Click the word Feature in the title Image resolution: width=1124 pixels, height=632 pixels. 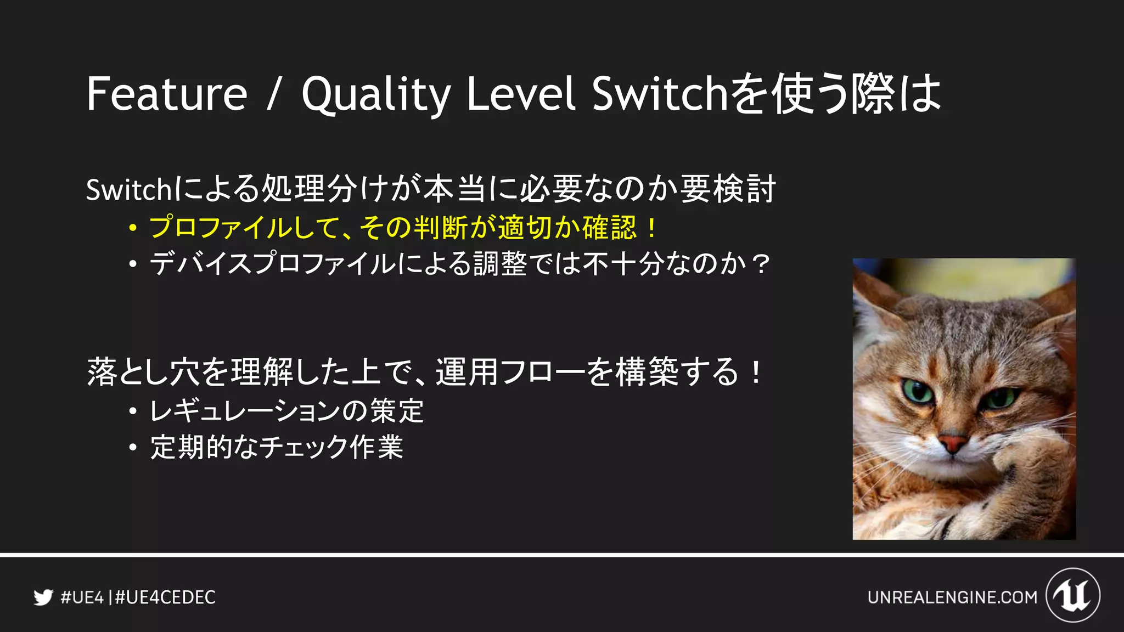click(x=167, y=94)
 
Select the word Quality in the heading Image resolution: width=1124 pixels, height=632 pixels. click(x=376, y=94)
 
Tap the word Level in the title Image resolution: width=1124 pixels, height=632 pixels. click(x=520, y=94)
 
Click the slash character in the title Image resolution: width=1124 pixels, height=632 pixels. click(x=274, y=94)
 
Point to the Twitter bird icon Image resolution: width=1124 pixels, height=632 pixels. click(x=43, y=597)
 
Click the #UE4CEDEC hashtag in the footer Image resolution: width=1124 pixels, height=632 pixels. click(x=165, y=597)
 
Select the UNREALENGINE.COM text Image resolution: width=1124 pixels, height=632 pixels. click(x=952, y=597)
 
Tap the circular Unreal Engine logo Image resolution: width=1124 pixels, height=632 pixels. click(x=1072, y=595)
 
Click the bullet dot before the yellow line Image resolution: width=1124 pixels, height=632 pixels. click(x=132, y=228)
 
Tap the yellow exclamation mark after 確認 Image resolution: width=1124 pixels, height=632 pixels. click(x=651, y=228)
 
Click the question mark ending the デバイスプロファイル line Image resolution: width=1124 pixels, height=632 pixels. click(x=761, y=264)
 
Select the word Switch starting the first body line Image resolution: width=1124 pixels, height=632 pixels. click(x=130, y=190)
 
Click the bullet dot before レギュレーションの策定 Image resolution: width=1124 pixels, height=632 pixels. click(x=132, y=411)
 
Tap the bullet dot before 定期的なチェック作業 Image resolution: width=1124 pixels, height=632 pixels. click(x=132, y=447)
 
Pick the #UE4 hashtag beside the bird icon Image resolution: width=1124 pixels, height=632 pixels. click(x=82, y=597)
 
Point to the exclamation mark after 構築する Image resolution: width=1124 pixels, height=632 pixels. click(x=756, y=372)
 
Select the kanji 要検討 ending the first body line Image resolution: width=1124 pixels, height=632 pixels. click(x=728, y=189)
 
